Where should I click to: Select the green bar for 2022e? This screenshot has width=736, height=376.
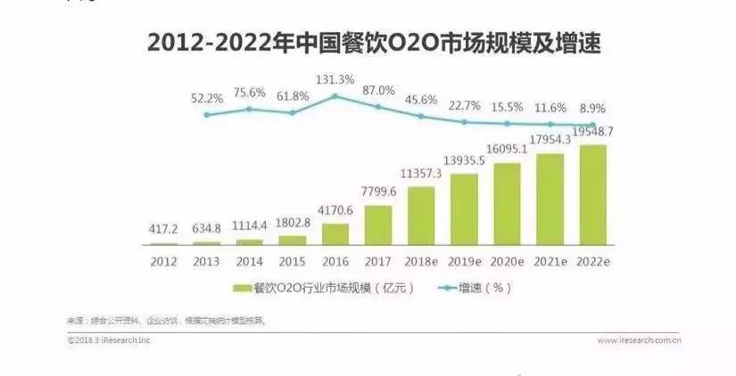coord(592,194)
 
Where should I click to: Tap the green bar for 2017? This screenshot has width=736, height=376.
coord(378,225)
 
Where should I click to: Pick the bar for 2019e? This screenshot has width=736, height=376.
coord(464,208)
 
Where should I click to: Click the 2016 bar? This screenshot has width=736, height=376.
coord(335,233)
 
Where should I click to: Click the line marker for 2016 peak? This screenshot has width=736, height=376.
coord(335,94)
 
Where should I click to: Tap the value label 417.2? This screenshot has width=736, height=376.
coord(164,230)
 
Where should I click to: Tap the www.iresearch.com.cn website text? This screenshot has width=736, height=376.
coord(640,339)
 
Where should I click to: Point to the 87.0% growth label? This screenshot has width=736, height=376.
coord(378,90)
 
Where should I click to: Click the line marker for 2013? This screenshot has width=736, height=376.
coord(207,114)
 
